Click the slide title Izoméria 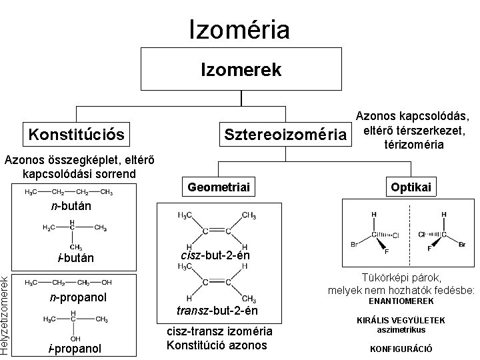(x=240, y=29)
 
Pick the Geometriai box (x=219, y=189)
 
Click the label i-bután (x=75, y=258)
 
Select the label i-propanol (x=75, y=349)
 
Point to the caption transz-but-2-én (x=217, y=311)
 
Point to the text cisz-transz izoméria (x=219, y=331)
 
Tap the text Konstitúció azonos (x=216, y=345)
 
